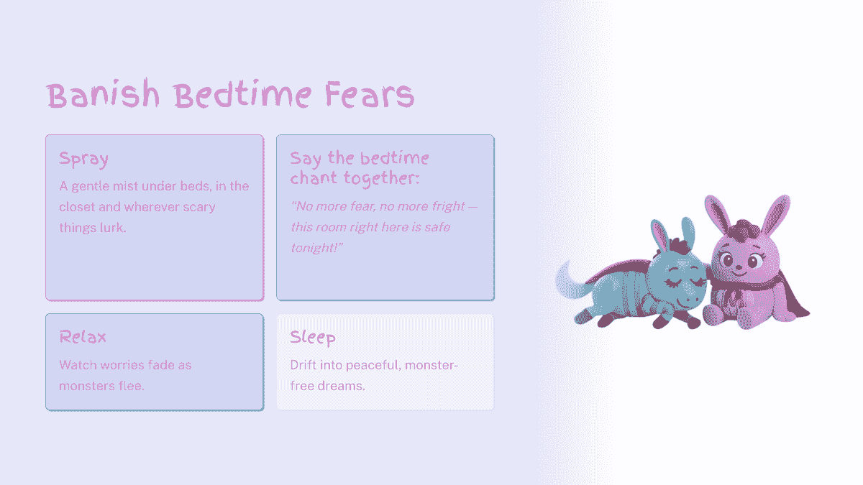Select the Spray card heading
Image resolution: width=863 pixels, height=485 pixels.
[x=83, y=159]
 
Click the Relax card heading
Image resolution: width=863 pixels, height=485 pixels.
[x=83, y=336]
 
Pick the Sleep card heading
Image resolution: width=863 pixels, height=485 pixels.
[x=313, y=337]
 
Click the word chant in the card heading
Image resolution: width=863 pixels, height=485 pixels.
[x=314, y=177]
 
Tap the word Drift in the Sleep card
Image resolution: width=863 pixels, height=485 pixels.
[x=305, y=365]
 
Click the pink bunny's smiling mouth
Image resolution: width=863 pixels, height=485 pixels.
[x=739, y=273]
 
